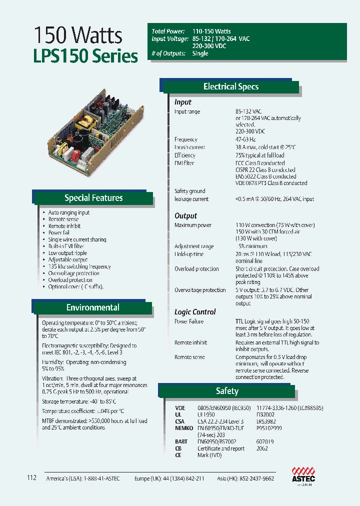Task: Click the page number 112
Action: (32, 478)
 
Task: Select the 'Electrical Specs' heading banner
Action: (230, 86)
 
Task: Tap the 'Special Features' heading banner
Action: (93, 198)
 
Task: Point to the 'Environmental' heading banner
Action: (93, 307)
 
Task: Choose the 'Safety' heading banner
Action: (227, 391)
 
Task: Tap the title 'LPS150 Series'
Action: (85, 56)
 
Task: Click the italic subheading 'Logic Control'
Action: (195, 312)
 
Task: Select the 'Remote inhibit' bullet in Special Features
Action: (64, 226)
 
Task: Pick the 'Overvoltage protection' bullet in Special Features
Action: (73, 273)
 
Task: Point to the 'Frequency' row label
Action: (186, 139)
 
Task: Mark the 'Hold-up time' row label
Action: (189, 254)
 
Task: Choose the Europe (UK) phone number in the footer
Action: (169, 478)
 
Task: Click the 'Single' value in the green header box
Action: (200, 53)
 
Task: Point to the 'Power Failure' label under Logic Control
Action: (189, 321)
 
